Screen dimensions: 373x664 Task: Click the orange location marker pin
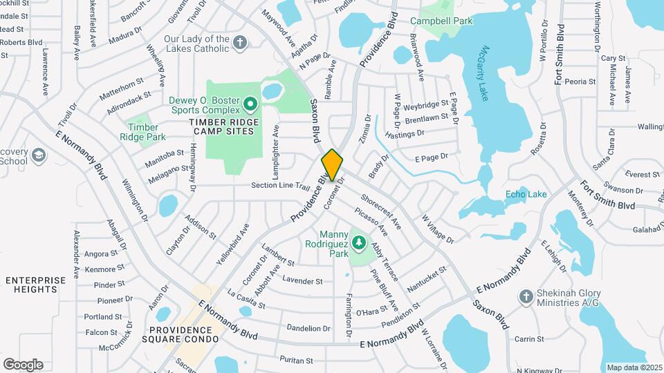333,164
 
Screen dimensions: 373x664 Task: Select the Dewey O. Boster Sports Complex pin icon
250,105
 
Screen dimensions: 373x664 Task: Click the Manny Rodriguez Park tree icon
358,242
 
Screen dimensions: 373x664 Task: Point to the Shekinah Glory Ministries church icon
526,296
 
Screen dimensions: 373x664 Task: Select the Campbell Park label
441,21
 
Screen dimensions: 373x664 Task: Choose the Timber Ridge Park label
143,132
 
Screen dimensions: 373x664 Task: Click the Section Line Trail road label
281,185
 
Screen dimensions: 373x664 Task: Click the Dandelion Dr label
308,328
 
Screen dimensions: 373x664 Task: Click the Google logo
23,364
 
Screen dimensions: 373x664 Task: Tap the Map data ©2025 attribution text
633,367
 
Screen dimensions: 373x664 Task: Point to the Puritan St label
297,361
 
